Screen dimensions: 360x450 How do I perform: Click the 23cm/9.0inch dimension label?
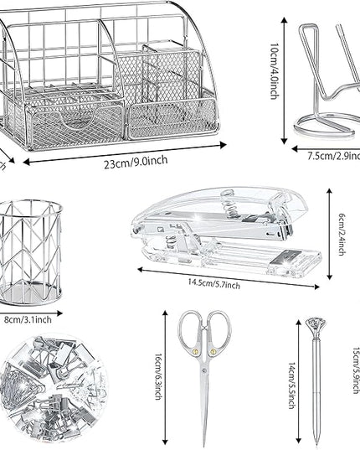(x=136, y=162)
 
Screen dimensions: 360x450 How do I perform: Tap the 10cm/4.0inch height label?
(x=275, y=71)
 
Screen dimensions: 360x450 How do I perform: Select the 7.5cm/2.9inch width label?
(x=334, y=156)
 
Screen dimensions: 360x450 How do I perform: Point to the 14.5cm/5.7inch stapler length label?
(x=214, y=284)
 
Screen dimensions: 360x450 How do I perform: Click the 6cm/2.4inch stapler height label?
(x=342, y=234)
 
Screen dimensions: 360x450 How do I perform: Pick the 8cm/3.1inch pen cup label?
(x=28, y=319)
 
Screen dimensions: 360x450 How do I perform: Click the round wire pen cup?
(x=30, y=252)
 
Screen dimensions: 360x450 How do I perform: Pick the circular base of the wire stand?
(x=325, y=127)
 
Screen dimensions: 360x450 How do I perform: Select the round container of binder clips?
(x=54, y=387)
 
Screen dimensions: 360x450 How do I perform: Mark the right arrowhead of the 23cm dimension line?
(x=224, y=145)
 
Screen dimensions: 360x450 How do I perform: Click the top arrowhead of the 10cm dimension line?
(x=284, y=20)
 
